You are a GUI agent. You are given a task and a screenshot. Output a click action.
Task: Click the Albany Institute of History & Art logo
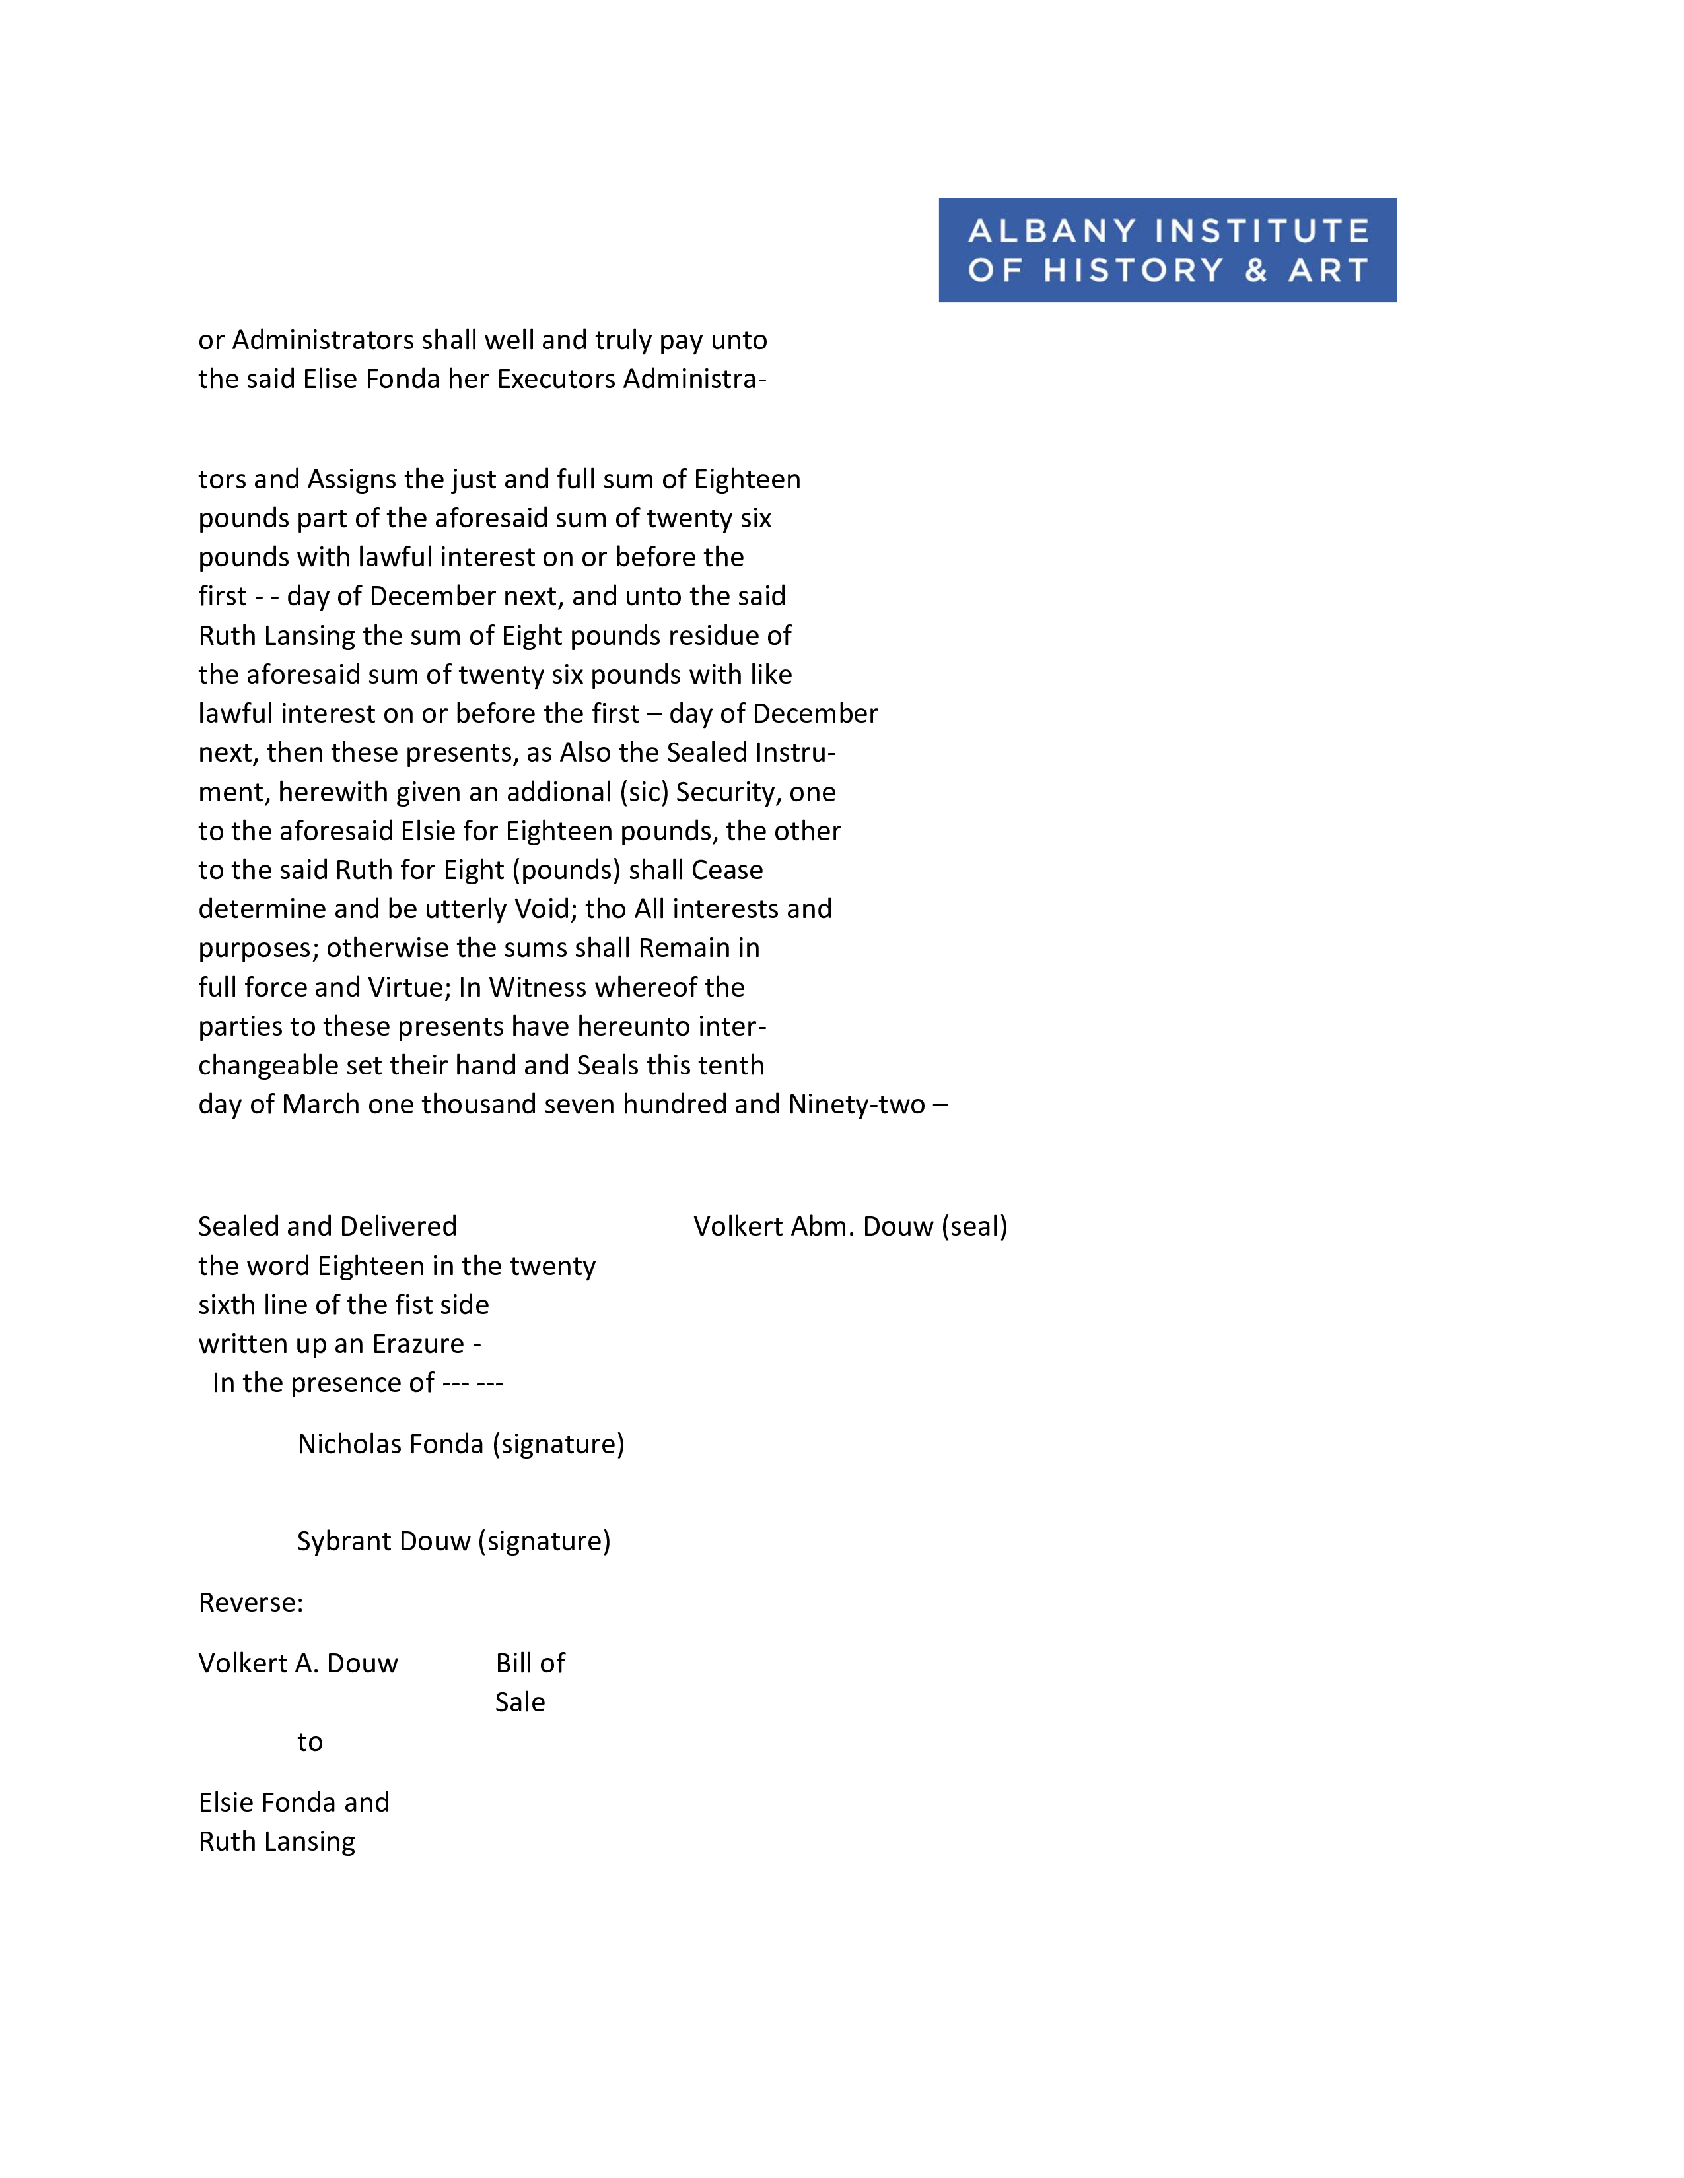click(x=1167, y=249)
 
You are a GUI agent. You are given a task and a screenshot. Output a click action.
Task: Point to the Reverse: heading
click(x=250, y=1602)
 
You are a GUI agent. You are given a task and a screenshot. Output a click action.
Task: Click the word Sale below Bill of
click(x=520, y=1701)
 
